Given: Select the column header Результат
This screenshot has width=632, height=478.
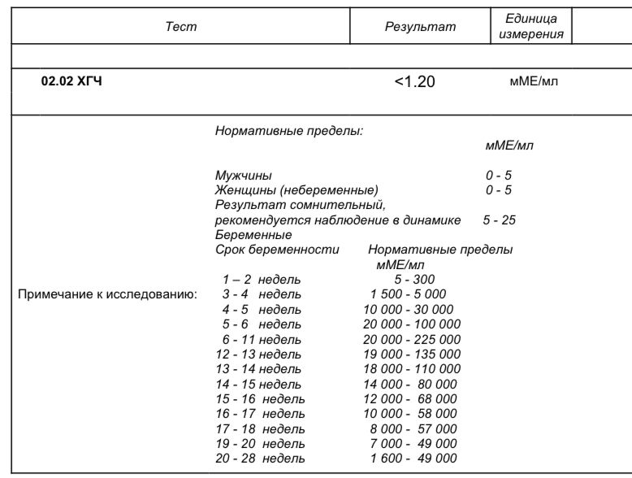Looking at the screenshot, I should click(420, 27).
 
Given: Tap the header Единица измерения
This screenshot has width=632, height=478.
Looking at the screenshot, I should click(531, 27).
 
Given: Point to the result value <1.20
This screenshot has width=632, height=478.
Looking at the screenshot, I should click(415, 81).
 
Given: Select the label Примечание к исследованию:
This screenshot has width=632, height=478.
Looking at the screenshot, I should click(108, 294).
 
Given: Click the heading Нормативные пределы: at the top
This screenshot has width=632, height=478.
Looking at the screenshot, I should click(288, 130).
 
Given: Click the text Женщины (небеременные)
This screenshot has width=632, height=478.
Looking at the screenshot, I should click(297, 190).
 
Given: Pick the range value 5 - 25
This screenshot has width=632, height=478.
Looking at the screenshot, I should click(500, 220).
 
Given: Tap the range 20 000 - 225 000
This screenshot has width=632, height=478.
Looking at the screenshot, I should click(412, 339).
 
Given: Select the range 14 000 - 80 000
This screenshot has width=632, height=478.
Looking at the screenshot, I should click(410, 384).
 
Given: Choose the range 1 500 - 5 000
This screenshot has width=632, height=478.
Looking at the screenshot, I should click(408, 294).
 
